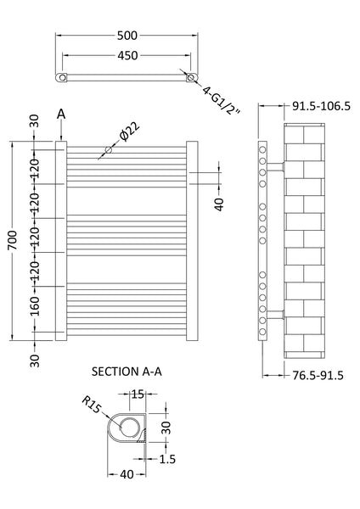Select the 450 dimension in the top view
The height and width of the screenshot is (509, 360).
pyautogui.click(x=127, y=57)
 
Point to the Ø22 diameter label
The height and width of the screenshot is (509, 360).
pyautogui.click(x=128, y=131)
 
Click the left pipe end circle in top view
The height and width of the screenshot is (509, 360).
pyautogui.click(x=61, y=78)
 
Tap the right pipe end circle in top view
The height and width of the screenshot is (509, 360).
pyautogui.click(x=194, y=78)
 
